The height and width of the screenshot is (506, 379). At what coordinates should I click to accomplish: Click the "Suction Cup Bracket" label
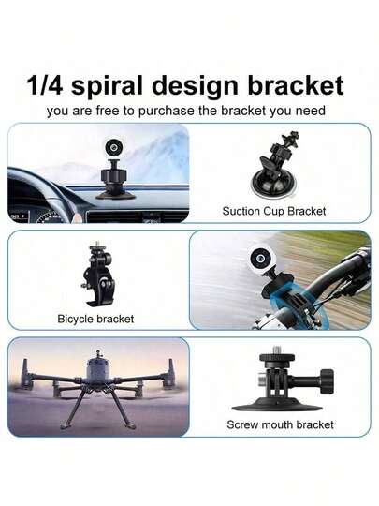[274, 212]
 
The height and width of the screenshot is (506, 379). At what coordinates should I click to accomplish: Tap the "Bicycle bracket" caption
[95, 319]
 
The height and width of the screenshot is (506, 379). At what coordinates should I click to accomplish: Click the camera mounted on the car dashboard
[114, 155]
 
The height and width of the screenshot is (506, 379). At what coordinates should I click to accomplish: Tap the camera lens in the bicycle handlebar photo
[255, 260]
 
